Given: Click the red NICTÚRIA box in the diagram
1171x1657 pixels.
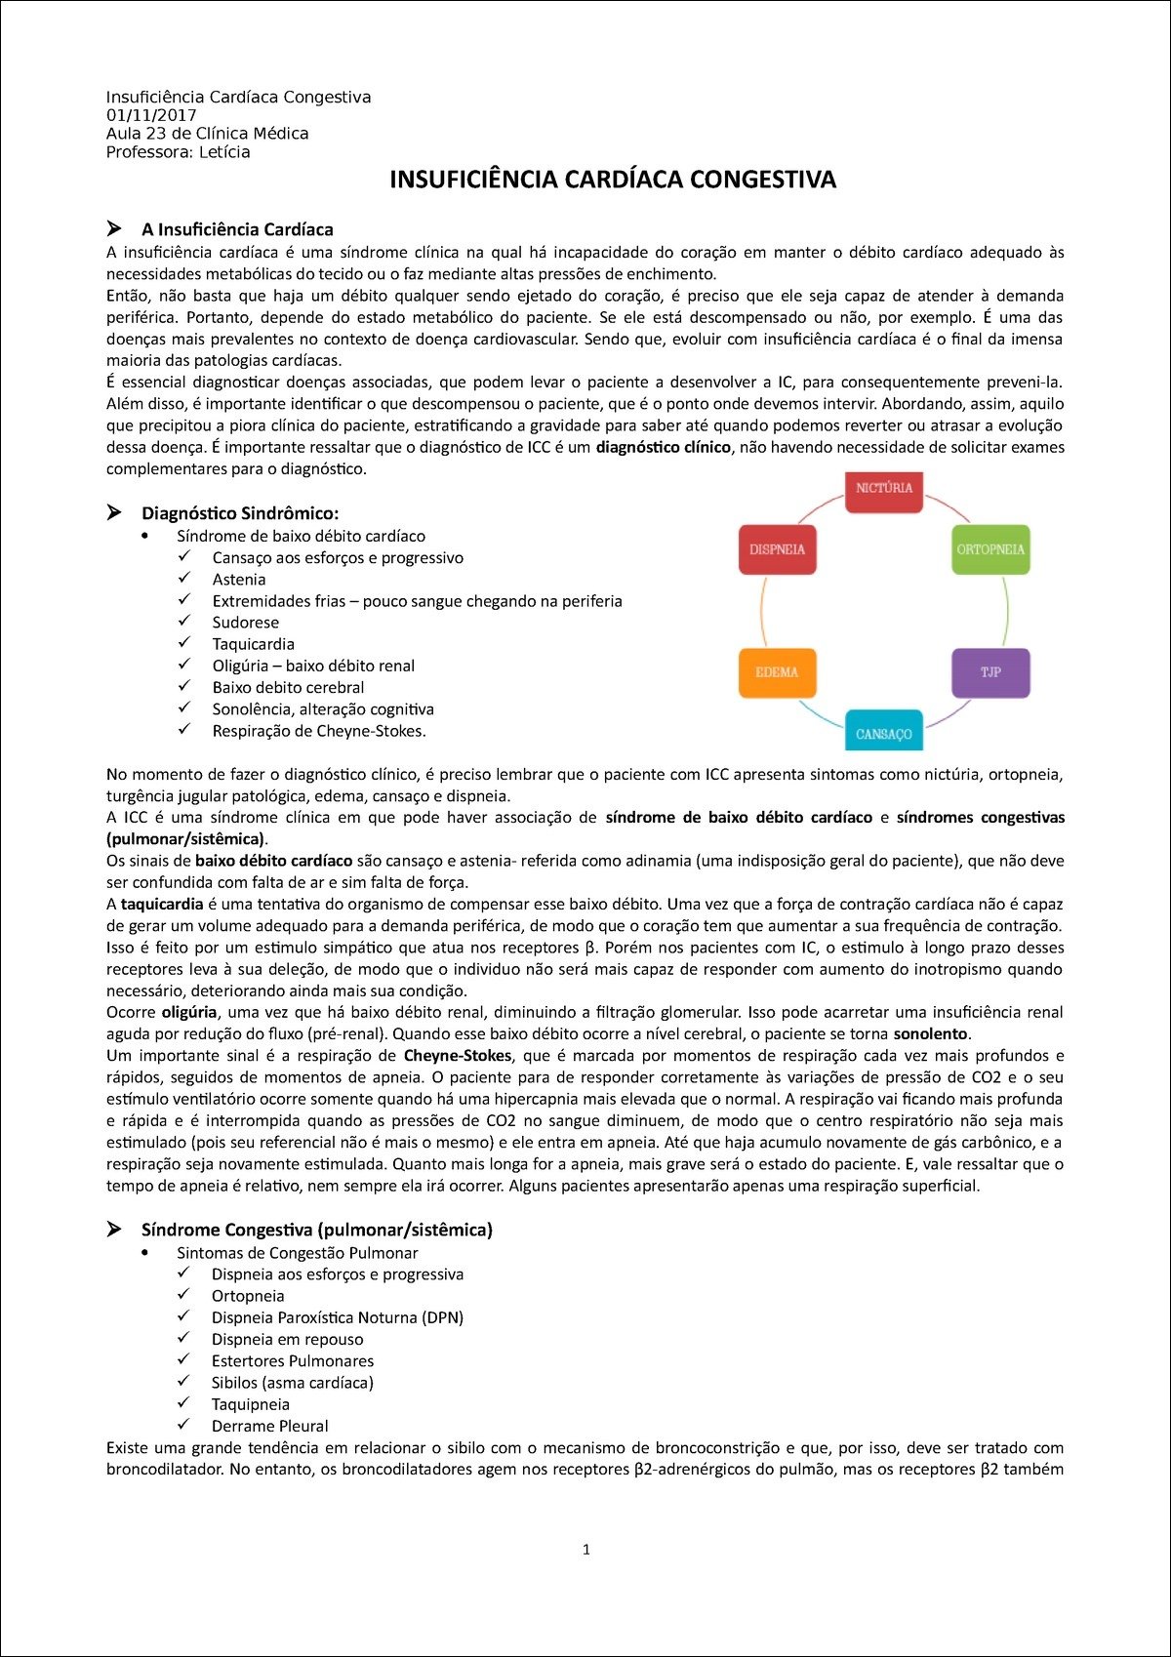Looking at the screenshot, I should (x=884, y=489).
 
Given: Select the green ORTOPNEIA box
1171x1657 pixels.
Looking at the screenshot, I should (x=990, y=549).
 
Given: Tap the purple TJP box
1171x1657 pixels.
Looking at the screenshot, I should (x=990, y=672).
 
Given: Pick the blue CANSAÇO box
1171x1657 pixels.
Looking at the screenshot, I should (x=883, y=732).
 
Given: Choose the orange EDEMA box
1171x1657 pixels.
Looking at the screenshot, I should (x=777, y=672).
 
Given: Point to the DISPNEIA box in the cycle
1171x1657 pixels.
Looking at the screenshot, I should (x=777, y=549).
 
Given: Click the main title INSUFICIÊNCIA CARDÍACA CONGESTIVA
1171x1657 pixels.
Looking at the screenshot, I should (x=613, y=180).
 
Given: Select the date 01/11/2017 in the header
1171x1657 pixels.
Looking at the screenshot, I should (x=151, y=115).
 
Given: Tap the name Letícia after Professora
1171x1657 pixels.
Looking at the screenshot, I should (x=224, y=152).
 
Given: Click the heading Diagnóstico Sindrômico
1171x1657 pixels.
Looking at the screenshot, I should (x=240, y=513).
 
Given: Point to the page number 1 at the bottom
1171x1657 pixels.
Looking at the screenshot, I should (x=585, y=1549).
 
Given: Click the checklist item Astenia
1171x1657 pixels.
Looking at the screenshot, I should (x=239, y=580).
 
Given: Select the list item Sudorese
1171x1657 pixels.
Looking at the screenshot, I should (x=246, y=623).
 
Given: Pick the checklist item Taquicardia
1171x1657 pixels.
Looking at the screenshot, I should (x=254, y=644).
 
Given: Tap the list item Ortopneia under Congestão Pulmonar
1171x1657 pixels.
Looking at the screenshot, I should (x=248, y=1296).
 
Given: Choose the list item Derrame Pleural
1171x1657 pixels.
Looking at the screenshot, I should (x=270, y=1426).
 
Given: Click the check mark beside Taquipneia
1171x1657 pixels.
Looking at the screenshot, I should (x=183, y=1403).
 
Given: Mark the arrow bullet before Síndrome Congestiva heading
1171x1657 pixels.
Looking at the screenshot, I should (x=114, y=1229).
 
